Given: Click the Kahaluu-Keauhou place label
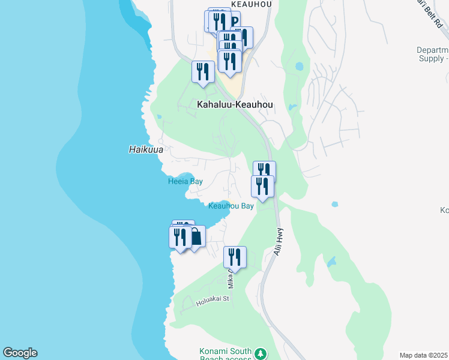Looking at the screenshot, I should tap(235, 104).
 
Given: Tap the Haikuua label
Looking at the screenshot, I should tap(146, 149).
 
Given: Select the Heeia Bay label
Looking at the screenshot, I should tap(185, 181).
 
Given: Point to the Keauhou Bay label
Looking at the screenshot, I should tap(231, 206).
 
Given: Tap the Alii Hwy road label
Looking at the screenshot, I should tap(279, 241).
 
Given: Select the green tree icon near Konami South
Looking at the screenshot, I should tap(260, 353).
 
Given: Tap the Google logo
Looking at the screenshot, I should tap(20, 353).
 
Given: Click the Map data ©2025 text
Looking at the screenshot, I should tap(424, 355).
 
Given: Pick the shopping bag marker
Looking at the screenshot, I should tap(195, 237).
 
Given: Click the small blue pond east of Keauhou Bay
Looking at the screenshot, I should tap(334, 204).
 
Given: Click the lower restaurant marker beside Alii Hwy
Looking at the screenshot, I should tap(262, 185).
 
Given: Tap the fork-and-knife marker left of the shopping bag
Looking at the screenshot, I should tap(179, 237).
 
